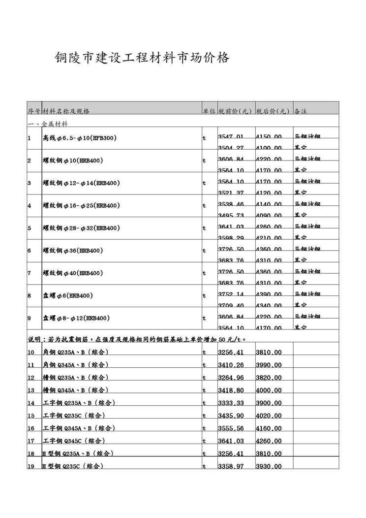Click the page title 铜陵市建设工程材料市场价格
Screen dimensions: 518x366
[142, 58]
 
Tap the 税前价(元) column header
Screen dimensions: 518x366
[235, 111]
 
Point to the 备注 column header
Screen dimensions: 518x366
[301, 111]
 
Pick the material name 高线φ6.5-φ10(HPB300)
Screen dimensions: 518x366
[80, 138]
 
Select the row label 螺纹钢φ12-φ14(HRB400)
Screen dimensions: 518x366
[82, 183]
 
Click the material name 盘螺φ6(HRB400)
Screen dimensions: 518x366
[68, 295]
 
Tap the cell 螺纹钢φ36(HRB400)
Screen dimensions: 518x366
[73, 251]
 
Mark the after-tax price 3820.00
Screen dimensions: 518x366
[269, 378]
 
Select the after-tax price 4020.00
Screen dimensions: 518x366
[269, 416]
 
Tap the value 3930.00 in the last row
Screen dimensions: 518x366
[269, 466]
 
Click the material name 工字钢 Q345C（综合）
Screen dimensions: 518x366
[74, 441]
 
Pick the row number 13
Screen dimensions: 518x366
[31, 390]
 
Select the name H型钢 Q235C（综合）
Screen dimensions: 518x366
[73, 466]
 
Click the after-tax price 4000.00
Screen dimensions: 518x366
[269, 390]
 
